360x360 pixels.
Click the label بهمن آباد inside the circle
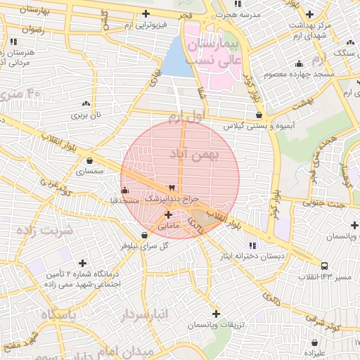point(195,153)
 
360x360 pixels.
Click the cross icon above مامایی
point(169,214)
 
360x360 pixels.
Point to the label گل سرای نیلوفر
point(146,245)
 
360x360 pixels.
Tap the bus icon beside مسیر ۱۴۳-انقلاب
point(324,266)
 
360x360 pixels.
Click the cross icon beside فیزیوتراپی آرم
point(146,13)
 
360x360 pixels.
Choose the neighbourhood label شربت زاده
point(47,231)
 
